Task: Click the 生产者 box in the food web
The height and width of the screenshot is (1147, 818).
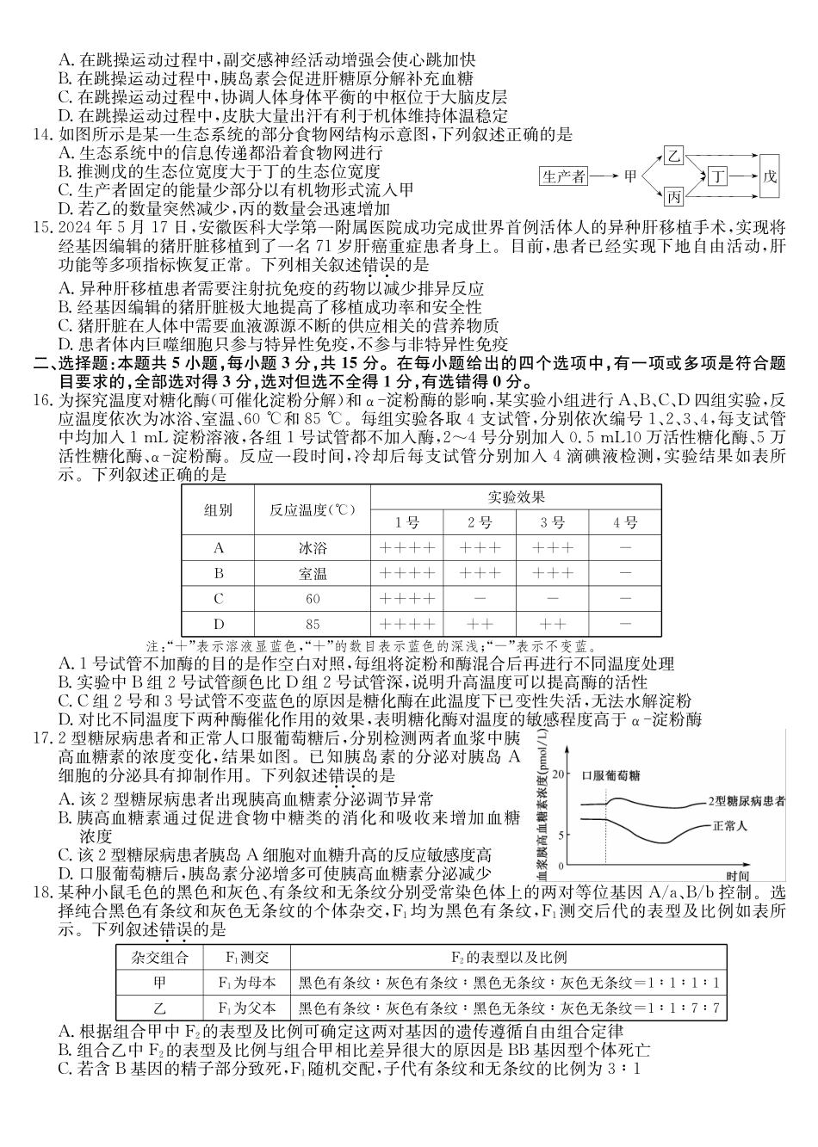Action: click(565, 176)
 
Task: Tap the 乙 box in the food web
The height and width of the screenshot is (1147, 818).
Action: click(674, 157)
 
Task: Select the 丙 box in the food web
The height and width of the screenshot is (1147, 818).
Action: click(674, 197)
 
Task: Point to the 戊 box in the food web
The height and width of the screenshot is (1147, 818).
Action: click(770, 176)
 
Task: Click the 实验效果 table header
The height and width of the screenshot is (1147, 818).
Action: click(516, 497)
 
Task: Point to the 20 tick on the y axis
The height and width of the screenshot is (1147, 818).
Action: click(561, 774)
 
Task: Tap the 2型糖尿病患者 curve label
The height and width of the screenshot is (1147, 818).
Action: click(747, 801)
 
